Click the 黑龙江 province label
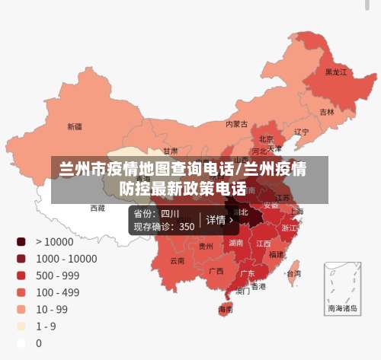[x=335, y=72]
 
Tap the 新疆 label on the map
[x=75, y=126]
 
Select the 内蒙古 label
[x=236, y=123]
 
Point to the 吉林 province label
[x=327, y=112]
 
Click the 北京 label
[x=266, y=139]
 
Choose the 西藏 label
[x=98, y=207]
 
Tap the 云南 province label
[x=177, y=260]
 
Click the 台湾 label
[x=293, y=272]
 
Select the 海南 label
[x=226, y=310]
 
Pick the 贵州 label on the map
[x=206, y=246]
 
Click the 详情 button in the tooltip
[x=220, y=220]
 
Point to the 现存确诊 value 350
[x=187, y=226]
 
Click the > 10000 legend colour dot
[x=21, y=241]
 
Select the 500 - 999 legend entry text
[x=57, y=275]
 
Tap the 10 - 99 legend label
[x=52, y=309]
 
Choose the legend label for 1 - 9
[x=45, y=326]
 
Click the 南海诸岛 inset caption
[x=341, y=309]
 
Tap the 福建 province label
[x=276, y=254]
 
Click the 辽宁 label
[x=301, y=132]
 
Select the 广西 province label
[x=216, y=270]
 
